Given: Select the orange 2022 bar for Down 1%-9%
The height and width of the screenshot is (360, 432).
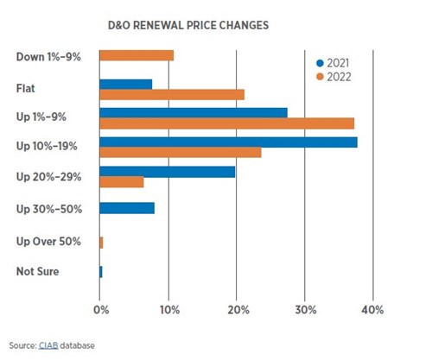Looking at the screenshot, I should pyautogui.click(x=137, y=55).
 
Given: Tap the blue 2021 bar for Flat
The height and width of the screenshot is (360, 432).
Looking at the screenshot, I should pyautogui.click(x=126, y=84).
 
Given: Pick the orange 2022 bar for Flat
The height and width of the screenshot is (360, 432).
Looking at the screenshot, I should pyautogui.click(x=172, y=94).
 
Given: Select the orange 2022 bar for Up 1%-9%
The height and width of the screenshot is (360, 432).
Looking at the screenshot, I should pyautogui.click(x=226, y=123).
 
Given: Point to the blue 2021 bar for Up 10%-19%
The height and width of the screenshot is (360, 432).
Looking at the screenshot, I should pyautogui.click(x=228, y=142).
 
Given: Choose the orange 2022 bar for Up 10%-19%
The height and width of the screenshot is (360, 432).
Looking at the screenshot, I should pyautogui.click(x=181, y=153).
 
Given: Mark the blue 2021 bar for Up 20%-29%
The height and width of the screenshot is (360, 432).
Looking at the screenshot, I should pyautogui.click(x=168, y=172).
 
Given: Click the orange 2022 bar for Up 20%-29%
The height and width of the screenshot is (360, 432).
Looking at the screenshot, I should pyautogui.click(x=122, y=182).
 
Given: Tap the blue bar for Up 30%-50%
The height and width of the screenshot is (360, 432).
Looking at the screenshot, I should pyautogui.click(x=127, y=208).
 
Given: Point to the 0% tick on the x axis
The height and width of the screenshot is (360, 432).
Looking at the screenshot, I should pyautogui.click(x=100, y=309).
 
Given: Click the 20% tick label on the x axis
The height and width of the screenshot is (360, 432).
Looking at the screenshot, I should pyautogui.click(x=237, y=309).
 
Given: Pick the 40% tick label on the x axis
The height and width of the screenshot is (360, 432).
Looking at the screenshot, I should pyautogui.click(x=372, y=309).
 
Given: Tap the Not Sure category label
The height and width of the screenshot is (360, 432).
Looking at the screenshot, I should pyautogui.click(x=37, y=272).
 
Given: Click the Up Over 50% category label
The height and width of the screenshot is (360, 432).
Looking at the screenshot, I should pyautogui.click(x=48, y=241).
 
